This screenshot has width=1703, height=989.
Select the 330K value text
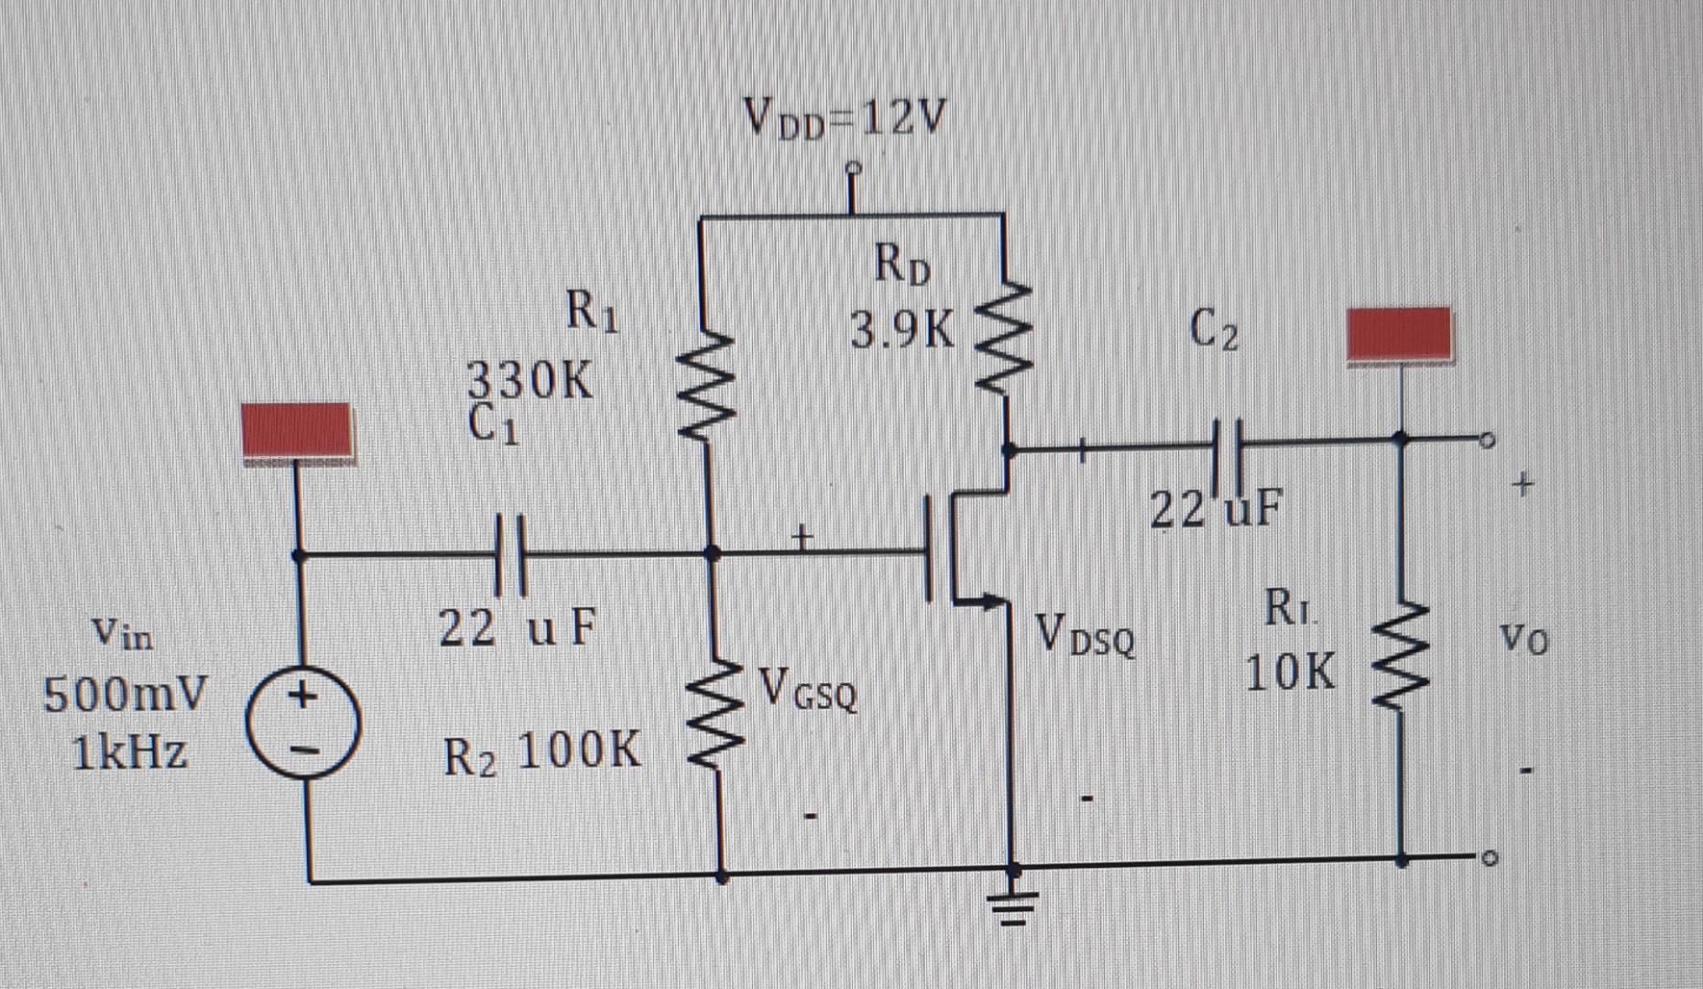click(530, 381)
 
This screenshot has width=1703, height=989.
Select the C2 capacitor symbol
click(1228, 446)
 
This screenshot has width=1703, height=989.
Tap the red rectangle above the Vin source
click(294, 429)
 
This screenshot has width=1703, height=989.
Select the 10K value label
click(1291, 674)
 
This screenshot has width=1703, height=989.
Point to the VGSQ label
click(809, 690)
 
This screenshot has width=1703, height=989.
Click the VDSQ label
click(1086, 636)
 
